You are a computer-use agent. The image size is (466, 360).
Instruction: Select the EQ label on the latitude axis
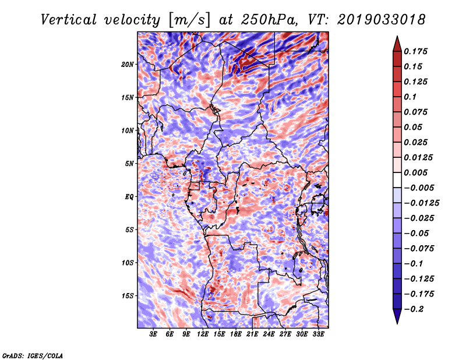[129, 197]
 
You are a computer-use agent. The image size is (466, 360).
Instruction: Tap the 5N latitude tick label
[129, 164]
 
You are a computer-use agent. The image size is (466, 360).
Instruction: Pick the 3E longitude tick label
[154, 335]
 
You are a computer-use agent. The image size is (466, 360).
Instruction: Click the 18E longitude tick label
[236, 335]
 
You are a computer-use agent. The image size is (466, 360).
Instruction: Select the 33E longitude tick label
[318, 335]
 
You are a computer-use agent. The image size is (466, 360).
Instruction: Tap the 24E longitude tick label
[269, 335]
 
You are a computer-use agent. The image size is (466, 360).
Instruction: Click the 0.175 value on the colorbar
[417, 51]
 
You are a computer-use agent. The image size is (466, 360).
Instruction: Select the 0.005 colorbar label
[417, 172]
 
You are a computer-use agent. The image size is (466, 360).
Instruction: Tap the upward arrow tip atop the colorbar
[396, 38]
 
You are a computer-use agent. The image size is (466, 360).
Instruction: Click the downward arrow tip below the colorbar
[396, 322]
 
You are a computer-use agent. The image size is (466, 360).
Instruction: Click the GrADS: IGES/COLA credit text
[33, 355]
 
